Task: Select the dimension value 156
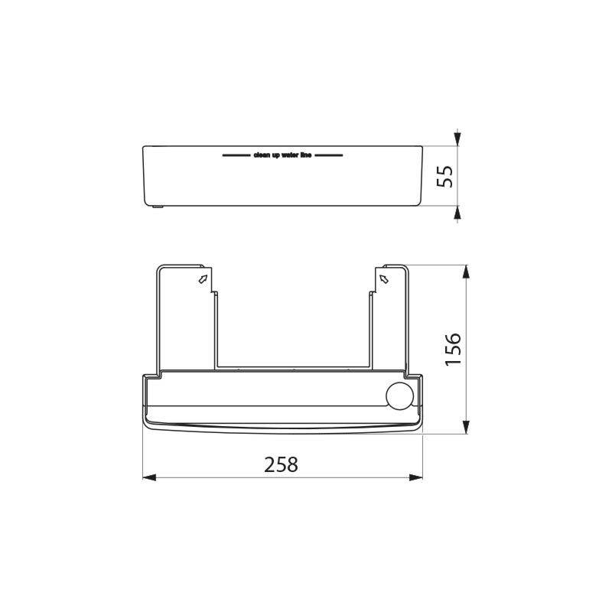point(453,349)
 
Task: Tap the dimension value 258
point(281,464)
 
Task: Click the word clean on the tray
point(262,155)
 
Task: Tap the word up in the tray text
point(276,155)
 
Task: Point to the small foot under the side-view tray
point(157,206)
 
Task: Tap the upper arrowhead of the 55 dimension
point(457,138)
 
